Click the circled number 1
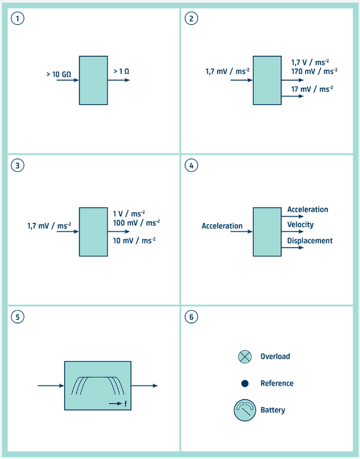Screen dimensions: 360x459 18,18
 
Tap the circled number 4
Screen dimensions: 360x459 191,165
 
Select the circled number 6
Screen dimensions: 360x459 191,317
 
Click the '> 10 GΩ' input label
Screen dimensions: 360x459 58,74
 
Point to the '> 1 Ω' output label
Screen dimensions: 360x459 121,71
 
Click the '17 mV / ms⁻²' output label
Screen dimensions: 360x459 312,89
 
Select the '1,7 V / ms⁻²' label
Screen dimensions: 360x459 310,62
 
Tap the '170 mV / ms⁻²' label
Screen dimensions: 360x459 314,71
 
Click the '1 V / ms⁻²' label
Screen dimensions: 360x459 129,213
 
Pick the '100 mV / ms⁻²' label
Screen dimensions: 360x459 136,223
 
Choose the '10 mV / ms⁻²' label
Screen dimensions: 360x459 134,241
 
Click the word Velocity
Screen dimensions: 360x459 300,224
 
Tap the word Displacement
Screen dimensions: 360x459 310,241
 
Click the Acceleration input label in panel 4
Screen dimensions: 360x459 222,226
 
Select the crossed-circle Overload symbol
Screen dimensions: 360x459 245,357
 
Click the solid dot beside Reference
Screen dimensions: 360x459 245,384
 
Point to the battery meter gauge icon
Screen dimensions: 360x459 245,410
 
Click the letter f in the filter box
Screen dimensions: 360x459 125,404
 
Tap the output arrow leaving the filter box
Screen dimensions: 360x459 144,386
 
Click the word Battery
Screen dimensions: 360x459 273,410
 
